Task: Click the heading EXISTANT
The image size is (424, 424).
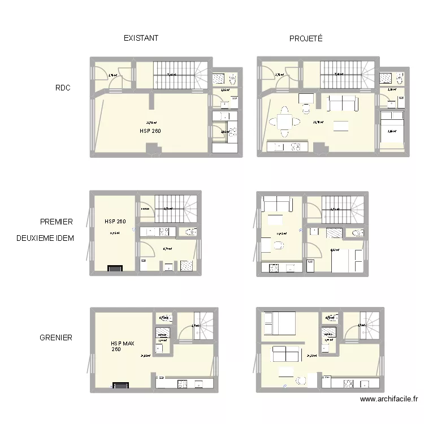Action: coord(141,38)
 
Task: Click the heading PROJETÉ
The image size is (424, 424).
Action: coord(306,38)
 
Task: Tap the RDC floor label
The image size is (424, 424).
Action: coord(63,88)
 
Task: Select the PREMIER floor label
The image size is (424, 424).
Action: coord(56,222)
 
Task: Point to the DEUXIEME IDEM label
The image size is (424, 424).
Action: coord(46,238)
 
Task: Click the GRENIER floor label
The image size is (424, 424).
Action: coord(56,338)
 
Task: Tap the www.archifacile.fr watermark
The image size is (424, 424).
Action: coord(388,399)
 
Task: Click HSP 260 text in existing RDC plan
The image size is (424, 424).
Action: coord(150,131)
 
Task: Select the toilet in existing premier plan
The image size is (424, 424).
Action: coord(189,232)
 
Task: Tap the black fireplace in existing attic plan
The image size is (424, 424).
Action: coord(120,386)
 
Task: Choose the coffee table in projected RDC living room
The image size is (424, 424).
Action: coord(341,126)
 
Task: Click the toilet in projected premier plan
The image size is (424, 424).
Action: coord(355,232)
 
